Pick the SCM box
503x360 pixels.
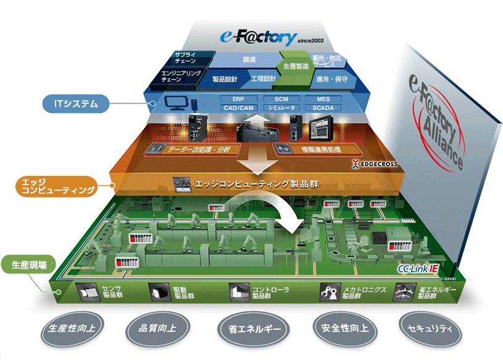(281, 99)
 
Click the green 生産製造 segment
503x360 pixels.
(296, 65)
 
